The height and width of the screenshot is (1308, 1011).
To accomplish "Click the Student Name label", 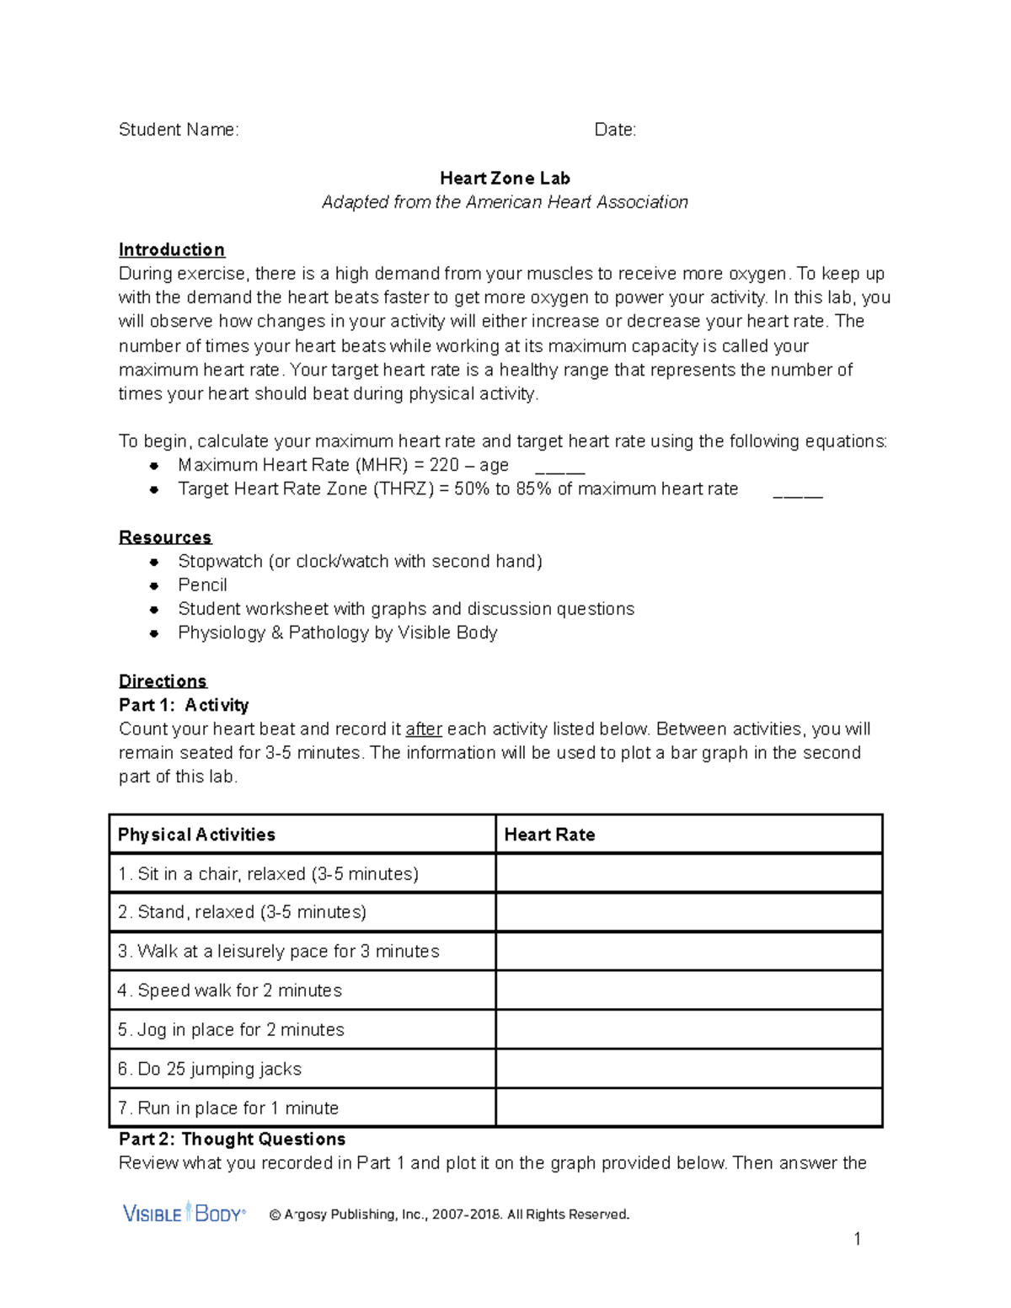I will pos(179,130).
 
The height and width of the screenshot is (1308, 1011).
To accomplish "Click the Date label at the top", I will pos(615,130).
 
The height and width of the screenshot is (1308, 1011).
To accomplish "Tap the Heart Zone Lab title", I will pos(505,179).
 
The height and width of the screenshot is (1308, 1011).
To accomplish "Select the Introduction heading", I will pos(172,250).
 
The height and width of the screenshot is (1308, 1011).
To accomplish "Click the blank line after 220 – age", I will pos(560,469).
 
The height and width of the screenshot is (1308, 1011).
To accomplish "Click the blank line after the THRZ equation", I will pos(798,493).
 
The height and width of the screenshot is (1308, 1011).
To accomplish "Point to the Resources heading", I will pos(165,537).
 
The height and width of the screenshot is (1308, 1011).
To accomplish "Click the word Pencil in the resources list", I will pos(202,585).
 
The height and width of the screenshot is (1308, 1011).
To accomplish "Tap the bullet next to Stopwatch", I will pos(154,562).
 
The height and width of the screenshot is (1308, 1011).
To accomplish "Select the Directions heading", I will pos(163,681).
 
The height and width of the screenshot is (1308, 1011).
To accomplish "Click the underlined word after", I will pos(424,729).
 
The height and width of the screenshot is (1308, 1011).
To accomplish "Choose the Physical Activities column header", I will pos(196,835).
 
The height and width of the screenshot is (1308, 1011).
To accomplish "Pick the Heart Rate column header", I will pos(549,835).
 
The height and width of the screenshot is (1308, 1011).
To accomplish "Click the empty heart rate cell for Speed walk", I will pos(688,990).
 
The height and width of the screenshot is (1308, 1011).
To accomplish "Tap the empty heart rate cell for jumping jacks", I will pos(688,1069).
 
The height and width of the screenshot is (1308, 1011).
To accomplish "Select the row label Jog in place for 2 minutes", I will pos(231,1030).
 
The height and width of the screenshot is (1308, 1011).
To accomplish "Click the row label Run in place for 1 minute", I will pos(228,1108).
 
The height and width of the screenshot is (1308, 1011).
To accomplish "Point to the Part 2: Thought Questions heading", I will pos(232,1140).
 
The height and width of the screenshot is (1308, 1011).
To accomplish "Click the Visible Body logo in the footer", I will pos(185,1214).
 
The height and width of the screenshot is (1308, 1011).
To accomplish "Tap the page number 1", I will pos(857,1239).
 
